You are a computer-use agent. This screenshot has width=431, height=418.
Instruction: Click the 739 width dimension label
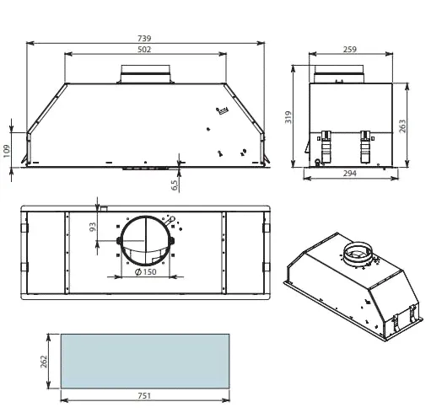[x=144, y=38]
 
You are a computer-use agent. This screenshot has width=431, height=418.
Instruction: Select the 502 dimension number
[x=144, y=50]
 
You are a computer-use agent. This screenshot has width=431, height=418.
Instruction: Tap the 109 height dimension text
[x=7, y=151]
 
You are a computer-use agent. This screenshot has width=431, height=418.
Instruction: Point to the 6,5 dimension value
[x=175, y=185]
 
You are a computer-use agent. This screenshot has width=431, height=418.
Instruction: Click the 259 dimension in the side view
[x=350, y=50]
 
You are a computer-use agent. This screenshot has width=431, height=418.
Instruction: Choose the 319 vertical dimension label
[x=288, y=117]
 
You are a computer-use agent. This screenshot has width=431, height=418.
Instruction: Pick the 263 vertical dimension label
[x=402, y=126]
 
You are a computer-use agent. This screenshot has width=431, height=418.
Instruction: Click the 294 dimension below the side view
[x=350, y=174]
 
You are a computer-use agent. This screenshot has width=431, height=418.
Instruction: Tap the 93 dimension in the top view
[x=93, y=227]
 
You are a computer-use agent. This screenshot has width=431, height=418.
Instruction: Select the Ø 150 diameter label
[x=145, y=272]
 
